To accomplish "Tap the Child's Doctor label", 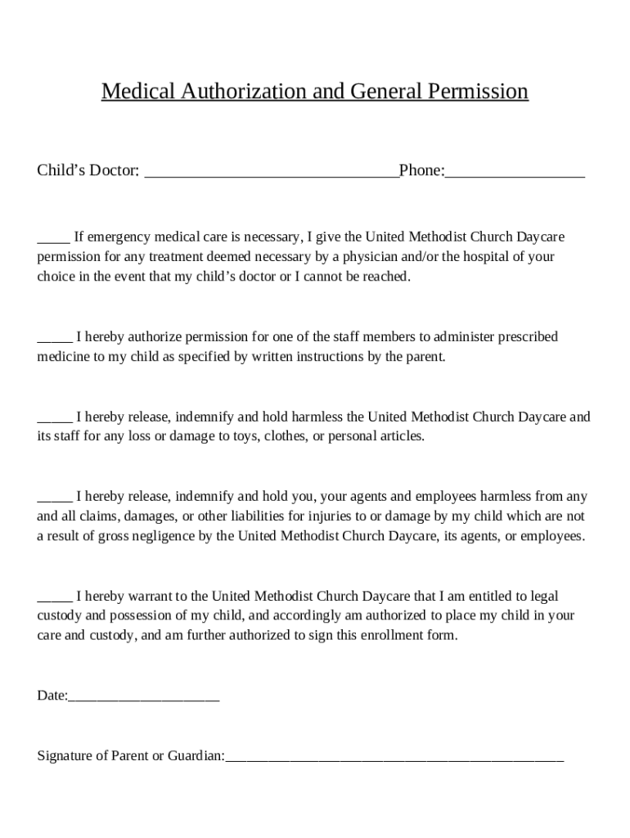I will tap(88, 171).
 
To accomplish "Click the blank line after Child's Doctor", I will tap(271, 173).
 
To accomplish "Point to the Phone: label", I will tap(421, 171).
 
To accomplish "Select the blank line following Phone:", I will tap(515, 173).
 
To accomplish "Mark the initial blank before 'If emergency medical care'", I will tap(53, 239).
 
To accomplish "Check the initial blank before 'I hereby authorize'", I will tap(54, 339).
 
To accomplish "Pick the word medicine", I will tap(63, 357).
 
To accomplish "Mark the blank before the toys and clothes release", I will tap(54, 419).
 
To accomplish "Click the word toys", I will tap(242, 436).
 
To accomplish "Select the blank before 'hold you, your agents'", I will tap(54, 498).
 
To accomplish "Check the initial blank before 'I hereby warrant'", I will tap(54, 598).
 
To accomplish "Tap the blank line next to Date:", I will tap(144, 698).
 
